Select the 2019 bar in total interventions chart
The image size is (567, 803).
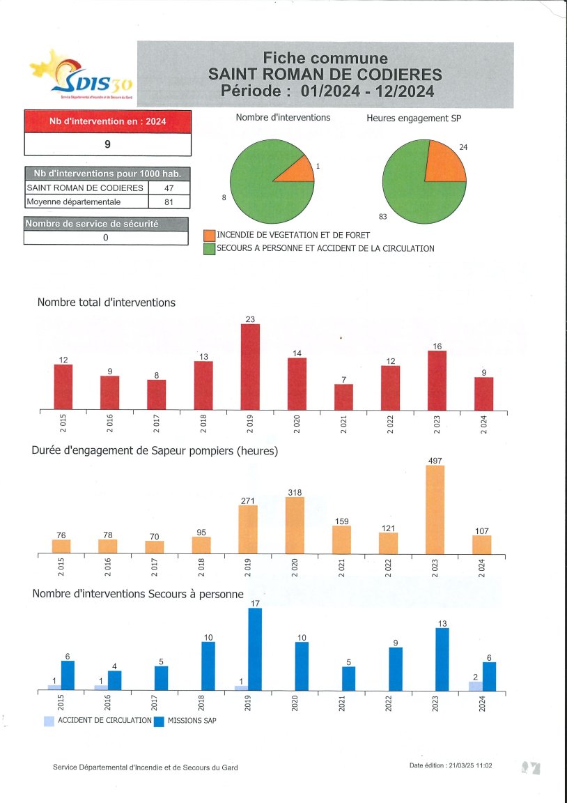[x=250, y=367]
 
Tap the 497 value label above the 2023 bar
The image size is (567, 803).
[x=435, y=460]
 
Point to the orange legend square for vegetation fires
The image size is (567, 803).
[x=209, y=236]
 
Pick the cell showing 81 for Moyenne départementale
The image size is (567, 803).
[x=169, y=202]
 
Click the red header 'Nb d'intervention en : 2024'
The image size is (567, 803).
[x=107, y=121]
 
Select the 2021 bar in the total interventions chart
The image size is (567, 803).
[x=343, y=397]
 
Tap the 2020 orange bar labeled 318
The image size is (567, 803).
[x=295, y=525]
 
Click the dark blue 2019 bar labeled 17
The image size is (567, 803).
[x=255, y=649]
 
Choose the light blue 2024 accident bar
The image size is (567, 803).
[x=476, y=686]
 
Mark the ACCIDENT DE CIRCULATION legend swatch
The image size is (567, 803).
[x=49, y=721]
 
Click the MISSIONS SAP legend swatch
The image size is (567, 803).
[x=159, y=721]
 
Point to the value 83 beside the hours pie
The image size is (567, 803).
[x=382, y=217]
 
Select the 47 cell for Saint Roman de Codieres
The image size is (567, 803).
[x=169, y=188]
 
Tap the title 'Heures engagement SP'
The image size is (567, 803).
[x=414, y=118]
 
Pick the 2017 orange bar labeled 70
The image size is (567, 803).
[x=155, y=547]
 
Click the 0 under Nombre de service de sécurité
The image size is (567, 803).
[x=106, y=238]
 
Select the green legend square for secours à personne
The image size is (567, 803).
[x=209, y=249]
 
